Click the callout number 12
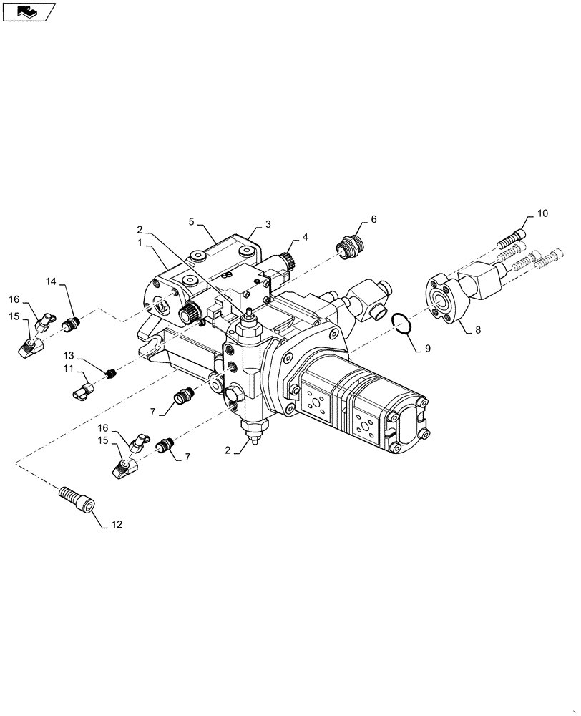coord(117,525)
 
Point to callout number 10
coord(542,214)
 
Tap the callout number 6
coord(373,219)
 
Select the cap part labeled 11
coord(82,391)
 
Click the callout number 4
coord(305,236)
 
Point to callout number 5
coord(192,222)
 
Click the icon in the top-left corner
coord(29,12)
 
